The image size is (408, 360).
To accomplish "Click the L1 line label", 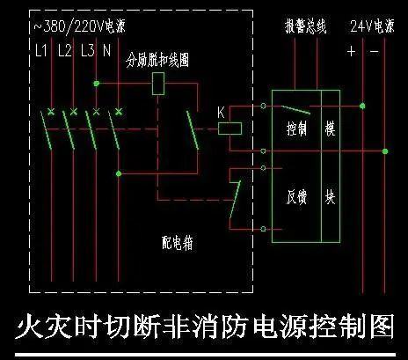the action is tap(41, 50).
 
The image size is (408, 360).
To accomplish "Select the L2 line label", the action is tap(65, 50).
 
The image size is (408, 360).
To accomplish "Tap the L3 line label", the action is tap(88, 50).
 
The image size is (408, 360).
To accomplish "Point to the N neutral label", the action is tap(107, 50).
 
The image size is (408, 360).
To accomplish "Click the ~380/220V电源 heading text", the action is tap(80, 26).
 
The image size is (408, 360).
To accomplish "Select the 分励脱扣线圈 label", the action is tap(157, 60).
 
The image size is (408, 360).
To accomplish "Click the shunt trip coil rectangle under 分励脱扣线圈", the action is tap(158, 84).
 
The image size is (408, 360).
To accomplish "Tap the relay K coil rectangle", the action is tap(229, 129).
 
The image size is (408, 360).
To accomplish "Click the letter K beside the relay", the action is tap(222, 113).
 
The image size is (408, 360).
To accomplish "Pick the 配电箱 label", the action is tap(178, 243).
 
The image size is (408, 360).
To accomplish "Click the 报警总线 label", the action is tap(306, 26).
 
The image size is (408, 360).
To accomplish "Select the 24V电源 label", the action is tap(372, 26).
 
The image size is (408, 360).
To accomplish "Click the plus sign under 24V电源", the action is tap(351, 51).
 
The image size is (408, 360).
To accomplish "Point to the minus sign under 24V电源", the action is tap(375, 52).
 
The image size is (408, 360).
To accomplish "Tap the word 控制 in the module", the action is tap(296, 129).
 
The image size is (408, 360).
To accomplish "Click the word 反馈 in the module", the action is tap(296, 196).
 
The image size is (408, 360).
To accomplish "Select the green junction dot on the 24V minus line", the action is tap(385, 151).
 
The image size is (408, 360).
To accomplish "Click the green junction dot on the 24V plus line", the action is tap(362, 106).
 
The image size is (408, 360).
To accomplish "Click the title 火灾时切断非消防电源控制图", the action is tap(204, 326).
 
